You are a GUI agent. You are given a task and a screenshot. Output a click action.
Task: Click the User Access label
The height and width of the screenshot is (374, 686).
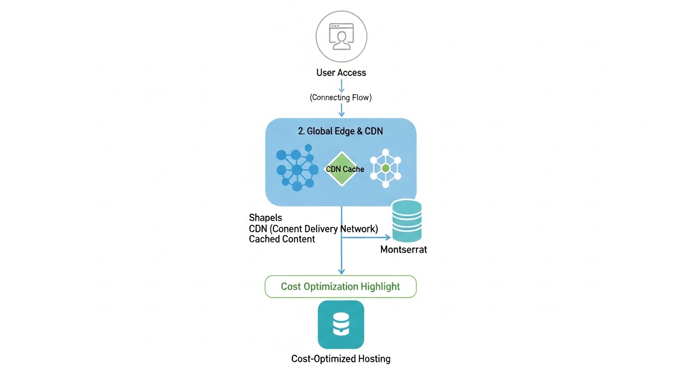tap(341, 73)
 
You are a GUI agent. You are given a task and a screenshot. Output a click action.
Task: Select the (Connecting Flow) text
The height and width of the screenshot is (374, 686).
tap(341, 97)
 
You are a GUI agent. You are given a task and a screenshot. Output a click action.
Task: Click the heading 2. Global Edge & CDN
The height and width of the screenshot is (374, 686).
tap(340, 131)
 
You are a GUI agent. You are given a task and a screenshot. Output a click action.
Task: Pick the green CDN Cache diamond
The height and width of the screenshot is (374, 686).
tap(344, 169)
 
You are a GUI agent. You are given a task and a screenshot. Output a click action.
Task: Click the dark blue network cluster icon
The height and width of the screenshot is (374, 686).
tap(297, 168)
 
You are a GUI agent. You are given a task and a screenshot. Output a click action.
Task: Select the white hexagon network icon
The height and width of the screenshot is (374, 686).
tap(385, 168)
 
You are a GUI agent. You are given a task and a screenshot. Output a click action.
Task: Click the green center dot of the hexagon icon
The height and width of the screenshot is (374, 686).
tap(385, 168)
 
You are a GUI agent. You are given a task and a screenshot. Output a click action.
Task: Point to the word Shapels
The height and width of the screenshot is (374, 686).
tap(265, 218)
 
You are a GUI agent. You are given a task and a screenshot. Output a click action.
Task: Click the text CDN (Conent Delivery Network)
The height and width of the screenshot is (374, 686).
tap(313, 228)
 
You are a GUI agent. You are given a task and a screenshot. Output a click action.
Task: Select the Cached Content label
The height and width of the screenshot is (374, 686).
tap(282, 239)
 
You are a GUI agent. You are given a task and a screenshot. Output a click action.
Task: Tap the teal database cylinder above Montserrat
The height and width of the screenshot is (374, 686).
tap(406, 220)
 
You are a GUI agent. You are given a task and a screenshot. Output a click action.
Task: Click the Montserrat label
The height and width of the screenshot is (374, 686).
tap(403, 250)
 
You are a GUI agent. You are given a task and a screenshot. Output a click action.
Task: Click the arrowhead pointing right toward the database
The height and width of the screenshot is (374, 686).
tap(388, 238)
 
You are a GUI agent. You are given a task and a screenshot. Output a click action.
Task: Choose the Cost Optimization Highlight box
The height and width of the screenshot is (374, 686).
tap(341, 286)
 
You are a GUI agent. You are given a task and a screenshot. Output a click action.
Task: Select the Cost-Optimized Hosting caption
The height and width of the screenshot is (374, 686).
tap(341, 359)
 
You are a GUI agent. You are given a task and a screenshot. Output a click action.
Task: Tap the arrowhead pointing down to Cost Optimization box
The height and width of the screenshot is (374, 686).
tap(342, 271)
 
